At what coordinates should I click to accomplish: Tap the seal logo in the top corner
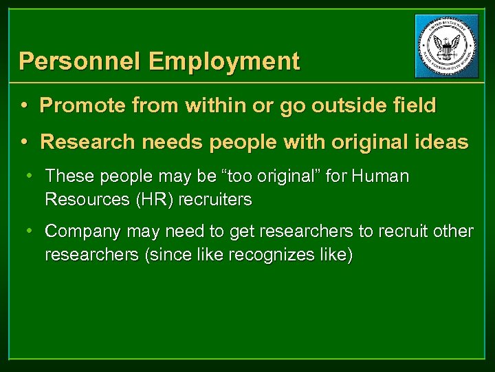[447, 46]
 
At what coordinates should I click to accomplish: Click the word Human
[380, 177]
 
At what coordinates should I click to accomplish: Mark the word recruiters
[214, 200]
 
